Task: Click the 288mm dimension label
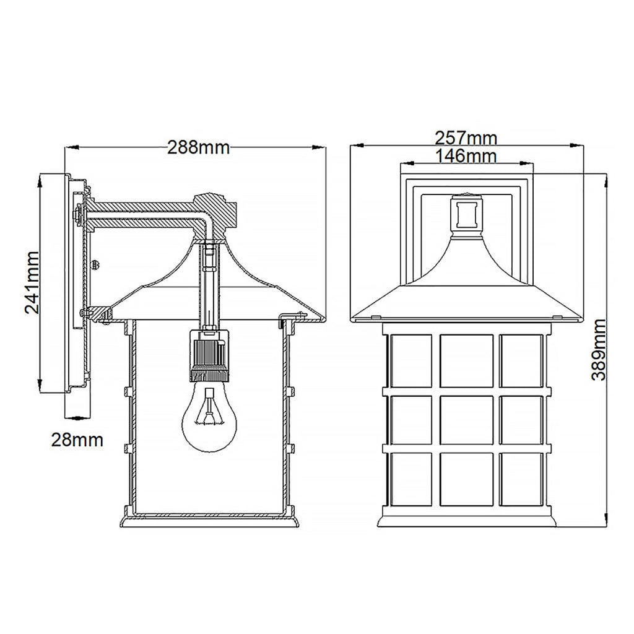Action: click(199, 148)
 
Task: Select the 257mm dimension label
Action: click(466, 138)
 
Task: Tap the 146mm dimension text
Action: click(466, 156)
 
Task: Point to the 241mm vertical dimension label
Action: click(32, 282)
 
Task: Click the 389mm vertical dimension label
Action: click(599, 349)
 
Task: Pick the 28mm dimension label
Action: click(77, 440)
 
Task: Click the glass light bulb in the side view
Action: click(209, 417)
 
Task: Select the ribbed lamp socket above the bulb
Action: click(209, 355)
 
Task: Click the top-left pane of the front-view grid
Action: click(410, 360)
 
